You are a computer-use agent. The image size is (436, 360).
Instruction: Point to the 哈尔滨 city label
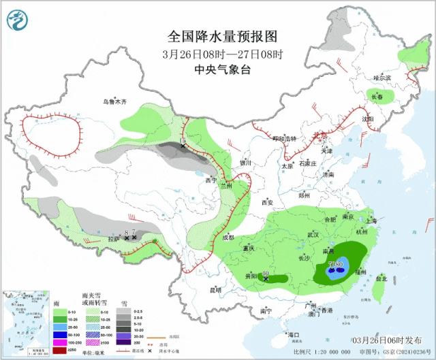point(382,78)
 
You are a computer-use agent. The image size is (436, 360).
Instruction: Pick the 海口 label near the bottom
point(294,335)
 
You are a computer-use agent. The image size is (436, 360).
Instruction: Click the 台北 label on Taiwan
point(381,278)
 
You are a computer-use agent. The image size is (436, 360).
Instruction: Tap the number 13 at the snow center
point(183,140)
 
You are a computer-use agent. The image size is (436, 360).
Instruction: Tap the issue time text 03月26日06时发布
point(386,340)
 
